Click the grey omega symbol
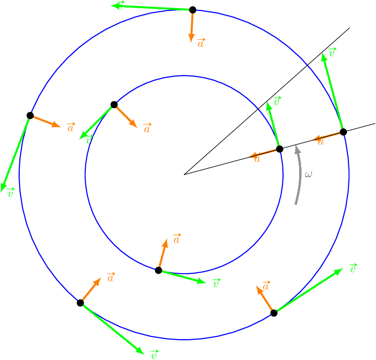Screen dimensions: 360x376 point(308,174)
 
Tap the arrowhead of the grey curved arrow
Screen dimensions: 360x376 point(297,148)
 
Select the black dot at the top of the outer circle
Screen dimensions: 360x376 point(193,10)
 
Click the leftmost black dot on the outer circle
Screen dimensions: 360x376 point(30,115)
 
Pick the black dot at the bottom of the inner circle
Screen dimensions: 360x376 point(158,270)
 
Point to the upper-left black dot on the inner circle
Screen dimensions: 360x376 point(114,105)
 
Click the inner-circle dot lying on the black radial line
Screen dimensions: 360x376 point(279,149)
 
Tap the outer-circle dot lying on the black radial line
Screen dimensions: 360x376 point(343,132)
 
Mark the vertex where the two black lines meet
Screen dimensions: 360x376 point(184,174)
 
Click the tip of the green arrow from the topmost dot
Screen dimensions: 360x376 point(112,5)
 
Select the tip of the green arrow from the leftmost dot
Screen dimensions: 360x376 point(2,191)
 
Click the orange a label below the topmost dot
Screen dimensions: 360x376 point(201,43)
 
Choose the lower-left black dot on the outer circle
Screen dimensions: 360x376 point(80,303)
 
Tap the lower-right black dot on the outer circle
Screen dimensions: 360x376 point(274,313)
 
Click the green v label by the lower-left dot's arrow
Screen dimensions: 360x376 point(153,354)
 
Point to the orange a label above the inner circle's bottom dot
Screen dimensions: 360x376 point(176,239)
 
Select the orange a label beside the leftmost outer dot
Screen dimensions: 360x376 point(70,128)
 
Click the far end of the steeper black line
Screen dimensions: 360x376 point(349,28)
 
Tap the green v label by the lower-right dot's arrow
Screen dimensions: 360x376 point(352,268)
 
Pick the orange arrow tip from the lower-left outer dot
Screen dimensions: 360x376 point(101,278)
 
